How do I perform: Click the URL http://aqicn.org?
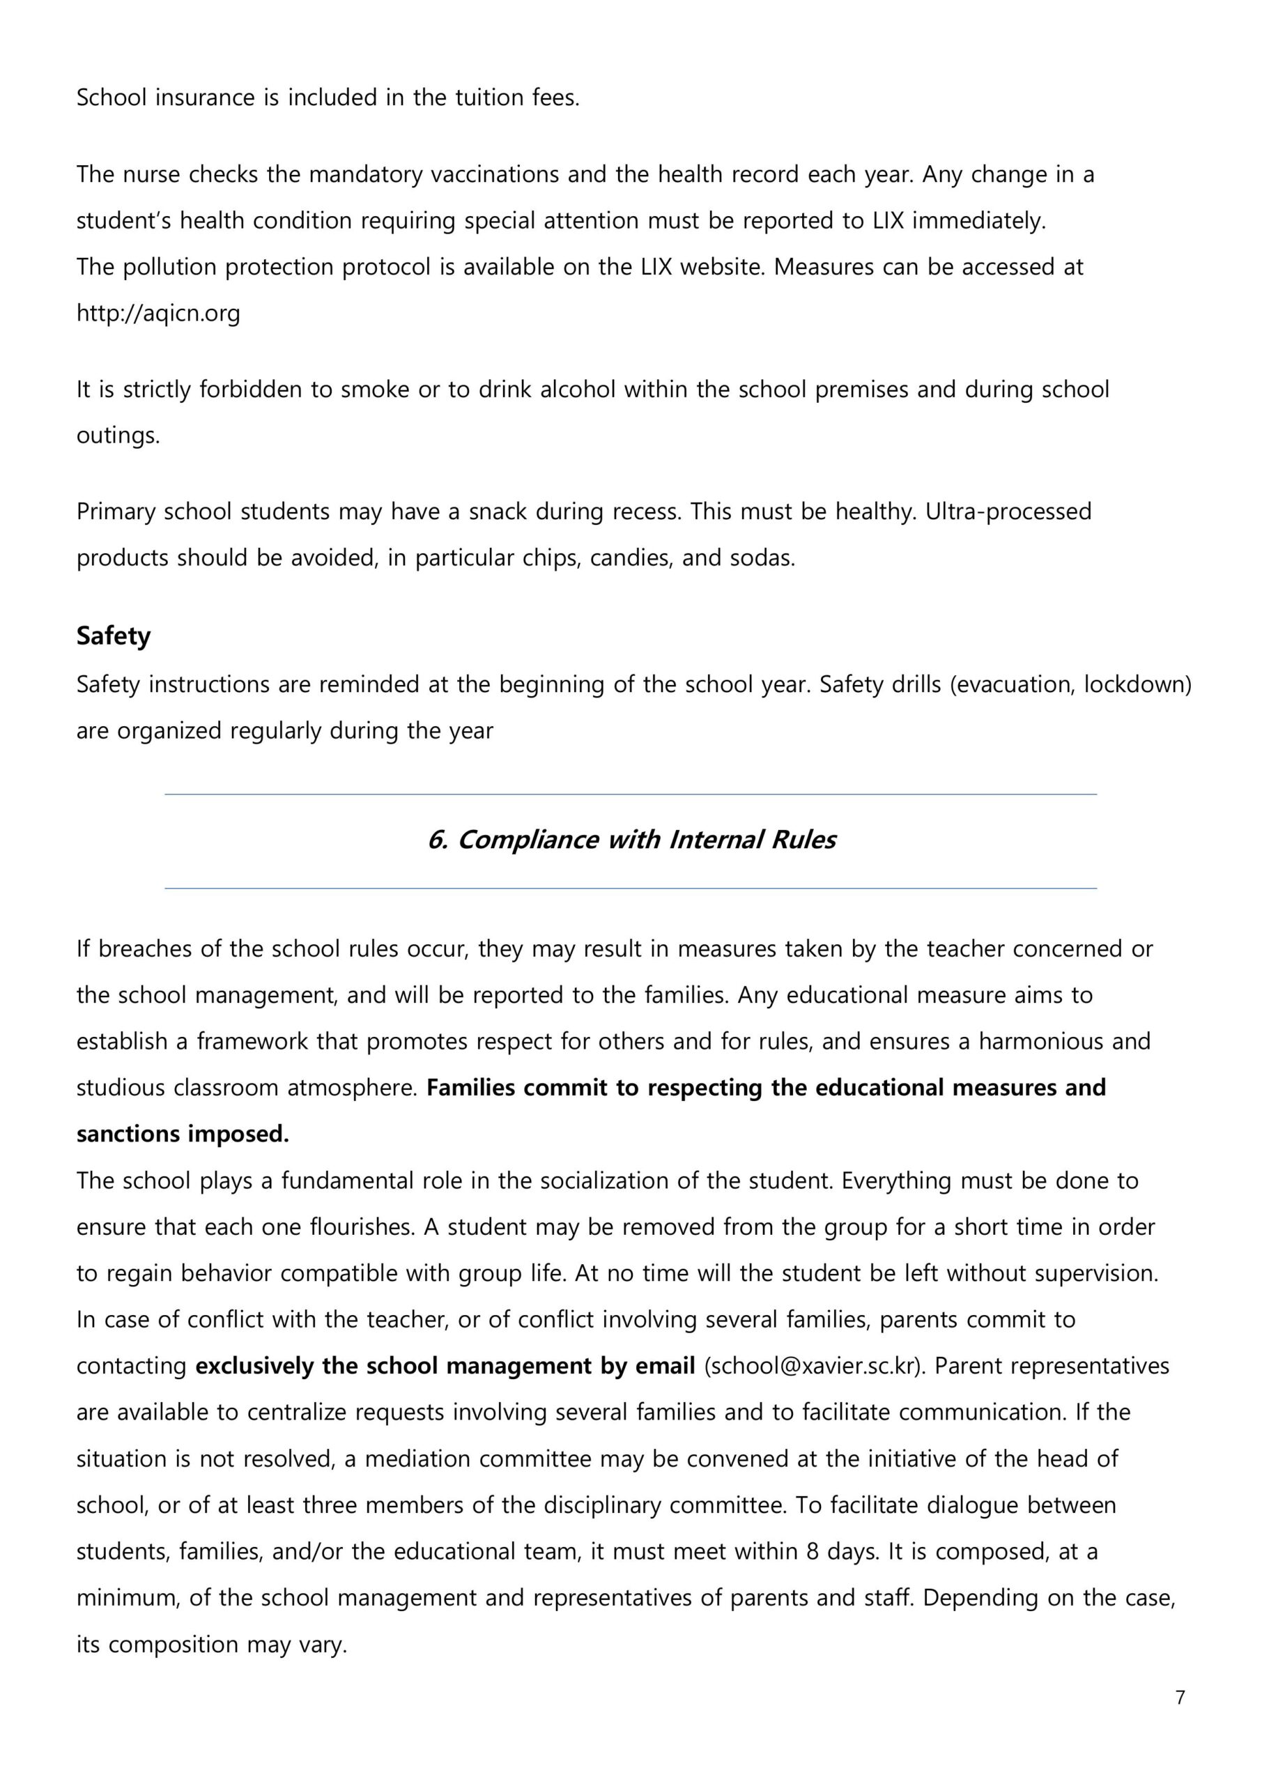click(x=157, y=313)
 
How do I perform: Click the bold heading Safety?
click(x=114, y=636)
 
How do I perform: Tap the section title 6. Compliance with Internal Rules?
click(x=631, y=840)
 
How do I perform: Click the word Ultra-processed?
click(x=1008, y=512)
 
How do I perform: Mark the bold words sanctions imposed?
click(x=183, y=1135)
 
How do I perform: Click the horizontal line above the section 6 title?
click(x=631, y=794)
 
